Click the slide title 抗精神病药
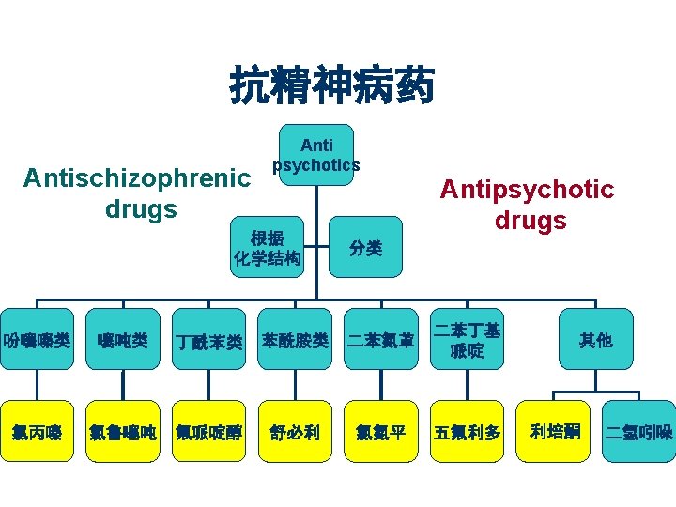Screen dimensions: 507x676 (x=332, y=87)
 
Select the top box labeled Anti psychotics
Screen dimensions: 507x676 (x=316, y=155)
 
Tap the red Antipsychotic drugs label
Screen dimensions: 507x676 (x=527, y=205)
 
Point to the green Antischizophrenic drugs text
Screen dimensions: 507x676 (x=137, y=192)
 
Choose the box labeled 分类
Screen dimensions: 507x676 (x=365, y=248)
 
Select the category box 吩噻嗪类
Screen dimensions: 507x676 (x=37, y=340)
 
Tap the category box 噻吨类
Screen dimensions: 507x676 (x=122, y=340)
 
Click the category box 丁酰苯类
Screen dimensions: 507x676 (x=209, y=340)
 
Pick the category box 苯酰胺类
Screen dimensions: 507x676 (x=295, y=340)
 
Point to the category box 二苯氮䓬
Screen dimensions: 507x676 (x=380, y=340)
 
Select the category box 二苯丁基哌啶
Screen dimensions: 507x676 (x=468, y=340)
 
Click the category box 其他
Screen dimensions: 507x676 (x=595, y=340)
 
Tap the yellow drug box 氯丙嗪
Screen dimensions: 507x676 (x=37, y=432)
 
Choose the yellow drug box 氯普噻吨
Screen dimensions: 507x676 (x=122, y=432)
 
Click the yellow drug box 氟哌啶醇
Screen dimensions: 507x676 (x=209, y=432)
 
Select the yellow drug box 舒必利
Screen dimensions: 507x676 (x=295, y=432)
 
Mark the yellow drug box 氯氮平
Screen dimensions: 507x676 (x=380, y=432)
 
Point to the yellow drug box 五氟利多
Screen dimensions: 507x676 (x=468, y=432)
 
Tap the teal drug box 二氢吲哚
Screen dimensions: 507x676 (x=638, y=432)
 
